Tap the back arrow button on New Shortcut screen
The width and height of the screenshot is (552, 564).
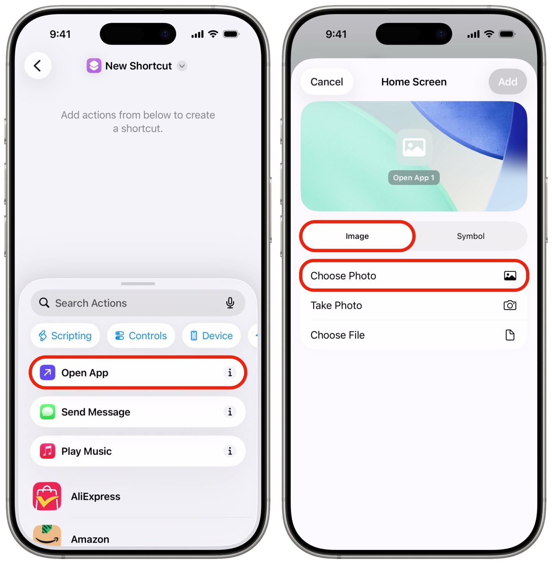point(38,66)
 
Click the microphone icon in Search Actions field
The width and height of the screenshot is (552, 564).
point(230,303)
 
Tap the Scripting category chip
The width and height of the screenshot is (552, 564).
point(65,336)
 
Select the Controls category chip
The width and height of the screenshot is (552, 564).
point(141,336)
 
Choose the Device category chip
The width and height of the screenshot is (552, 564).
point(212,336)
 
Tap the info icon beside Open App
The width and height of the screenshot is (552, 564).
point(230,372)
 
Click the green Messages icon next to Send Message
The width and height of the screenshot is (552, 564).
point(48,412)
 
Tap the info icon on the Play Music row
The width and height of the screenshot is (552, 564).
point(230,451)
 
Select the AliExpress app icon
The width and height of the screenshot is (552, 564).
point(47,496)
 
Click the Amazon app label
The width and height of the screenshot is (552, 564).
point(90,539)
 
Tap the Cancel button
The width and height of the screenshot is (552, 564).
point(327,82)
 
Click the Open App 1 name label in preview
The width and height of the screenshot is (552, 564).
point(414,178)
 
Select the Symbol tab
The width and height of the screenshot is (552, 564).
point(470,236)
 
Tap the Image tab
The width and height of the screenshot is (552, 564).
point(357,236)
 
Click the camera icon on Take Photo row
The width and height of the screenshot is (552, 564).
point(509,305)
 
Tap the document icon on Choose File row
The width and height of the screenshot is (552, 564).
point(509,335)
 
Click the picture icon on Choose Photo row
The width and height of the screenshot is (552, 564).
point(509,275)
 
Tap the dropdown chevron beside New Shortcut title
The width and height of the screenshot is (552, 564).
point(182,66)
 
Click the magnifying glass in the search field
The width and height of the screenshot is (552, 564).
point(44,303)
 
